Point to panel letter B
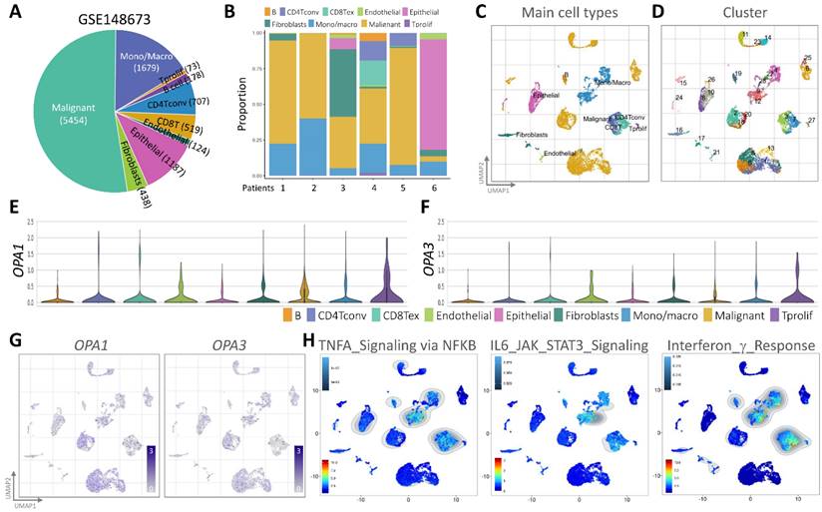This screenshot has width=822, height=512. pos(229,13)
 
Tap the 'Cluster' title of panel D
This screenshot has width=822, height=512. pos(738,14)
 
